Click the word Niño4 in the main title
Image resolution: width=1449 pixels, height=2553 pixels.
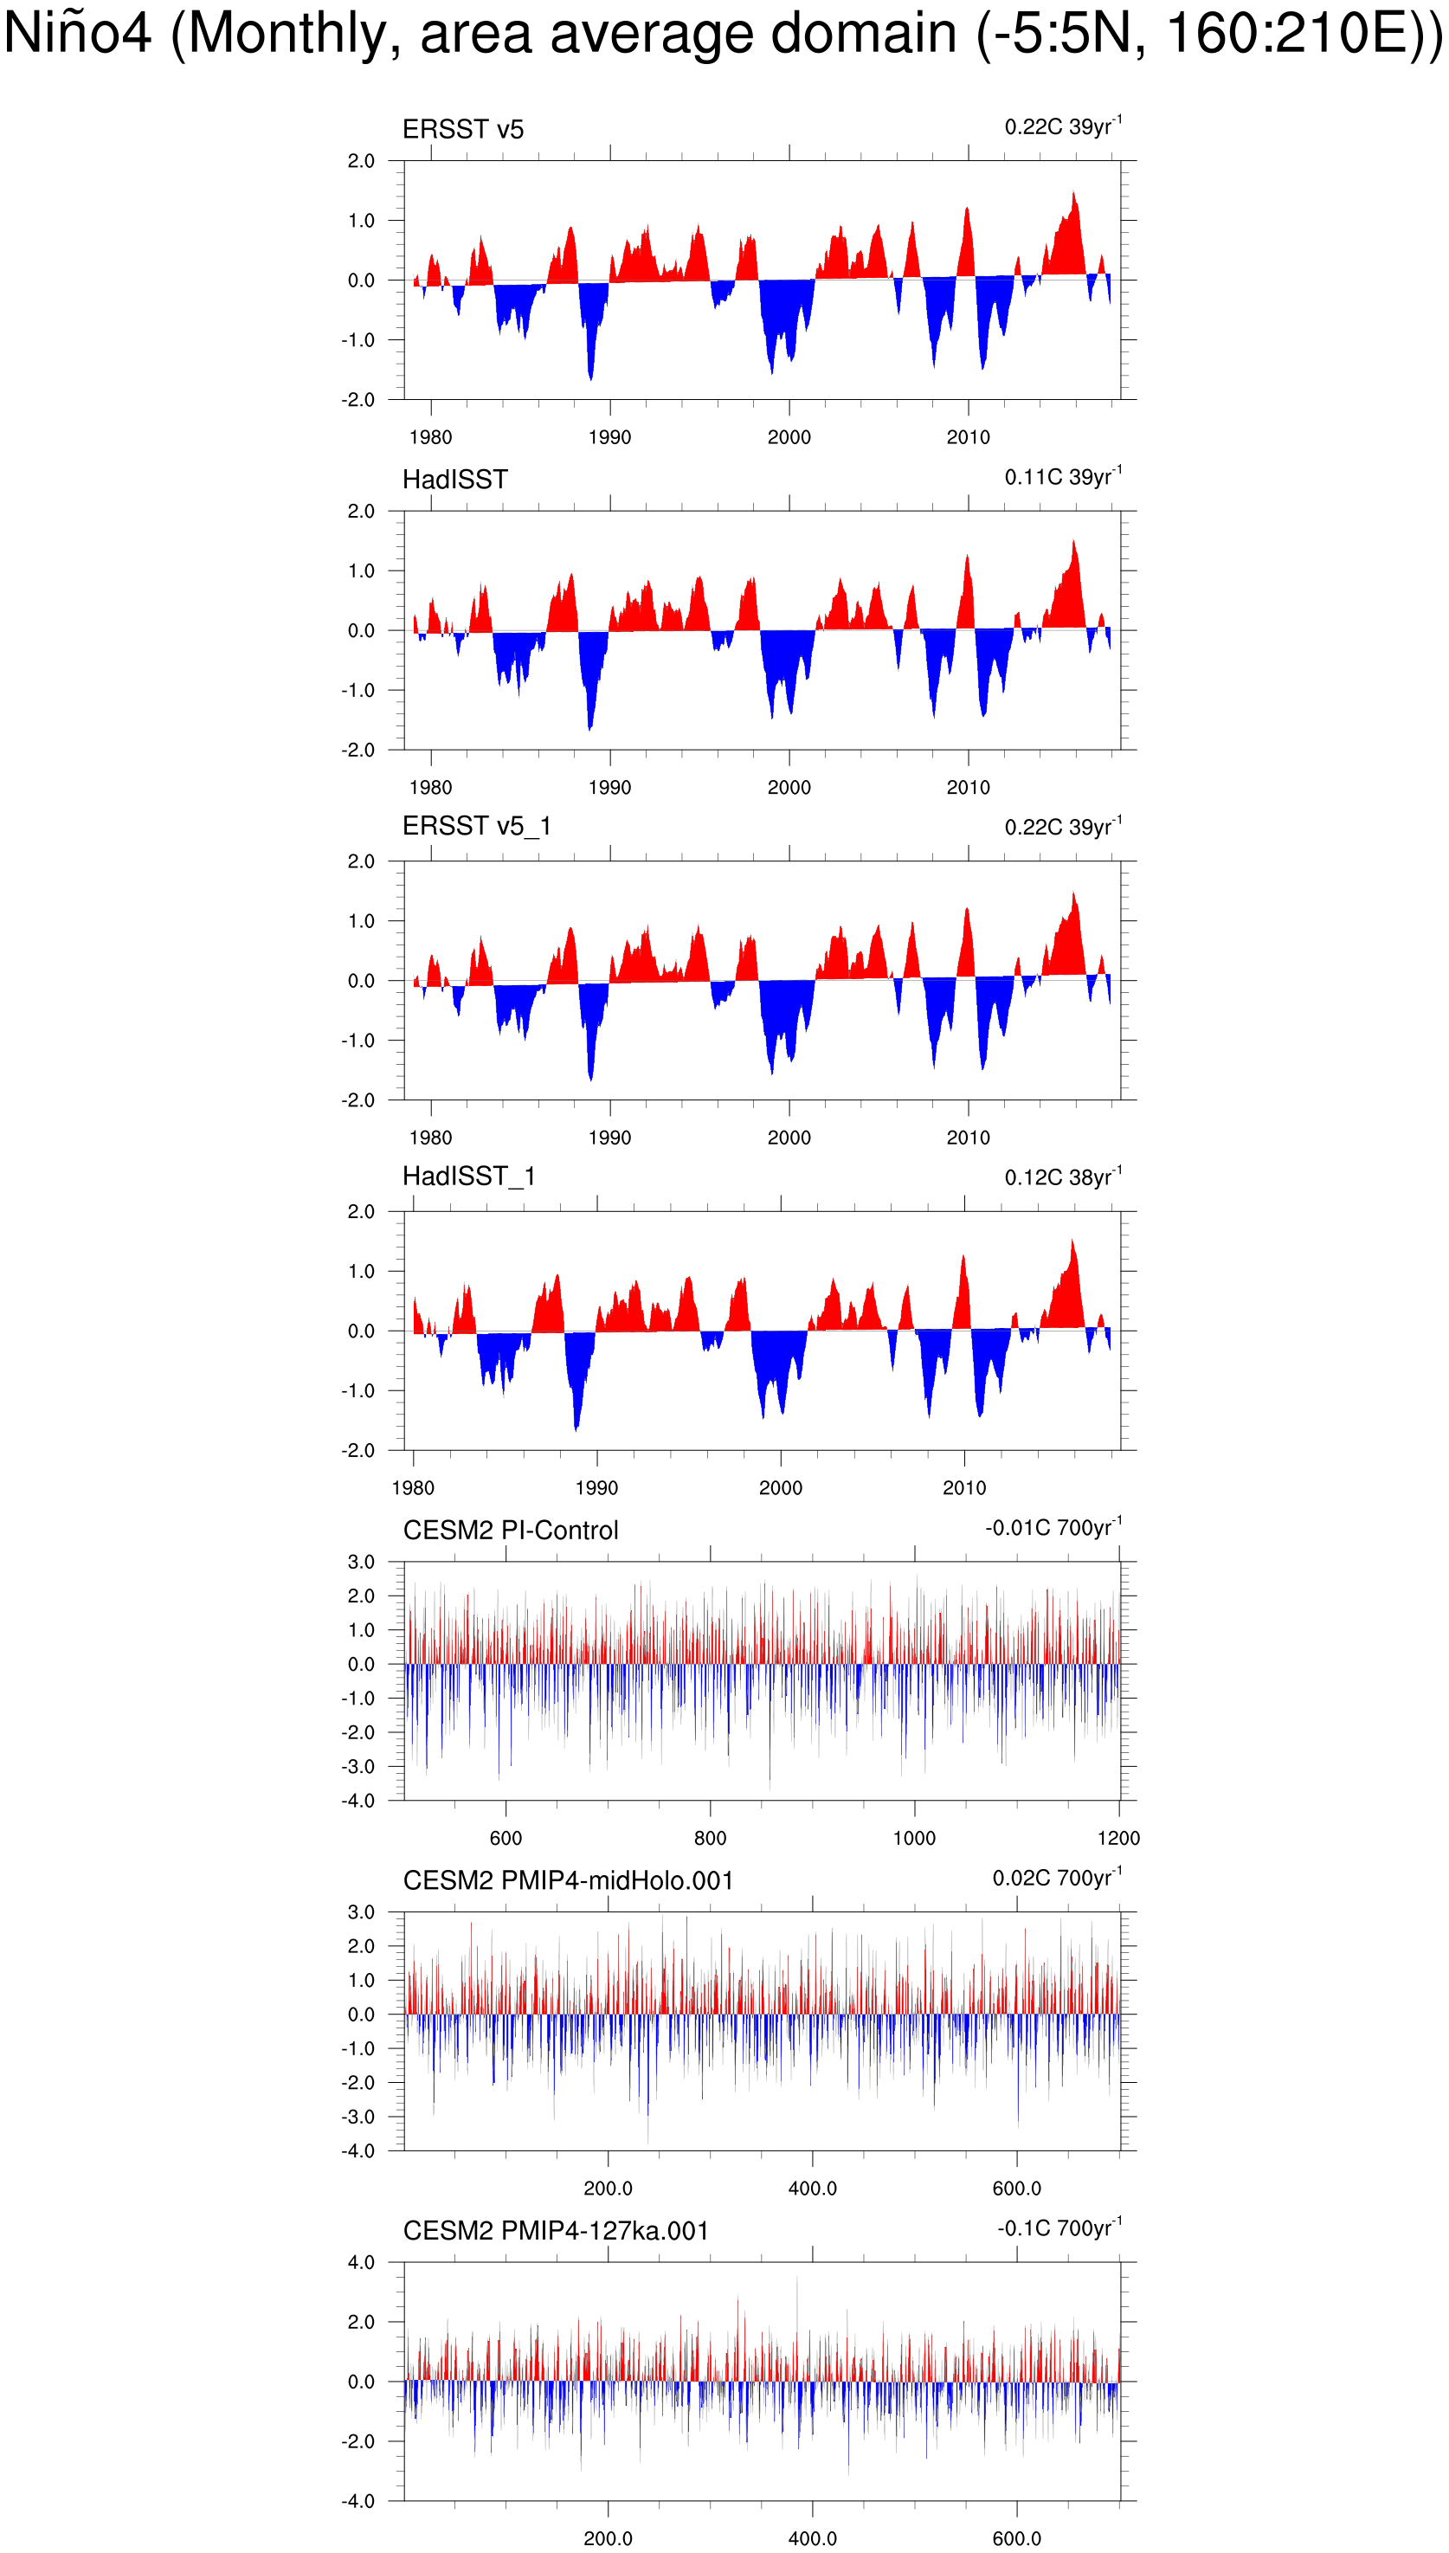[x=78, y=34]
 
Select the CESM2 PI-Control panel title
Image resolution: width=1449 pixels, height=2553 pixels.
[x=511, y=1530]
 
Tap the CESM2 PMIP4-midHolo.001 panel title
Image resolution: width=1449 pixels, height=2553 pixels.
[x=567, y=1880]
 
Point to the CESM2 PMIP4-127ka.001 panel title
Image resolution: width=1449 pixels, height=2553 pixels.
[x=556, y=2230]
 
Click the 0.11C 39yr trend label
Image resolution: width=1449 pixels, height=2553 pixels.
[x=1062, y=477]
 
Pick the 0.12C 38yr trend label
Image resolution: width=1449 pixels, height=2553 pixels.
[x=1062, y=1177]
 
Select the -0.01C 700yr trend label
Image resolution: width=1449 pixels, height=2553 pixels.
[x=1053, y=1527]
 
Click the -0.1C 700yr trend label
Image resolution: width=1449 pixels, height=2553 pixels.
[x=1059, y=2227]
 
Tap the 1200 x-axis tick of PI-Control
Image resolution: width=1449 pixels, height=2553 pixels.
[x=1118, y=1837]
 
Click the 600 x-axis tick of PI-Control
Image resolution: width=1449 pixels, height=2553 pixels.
[x=506, y=1837]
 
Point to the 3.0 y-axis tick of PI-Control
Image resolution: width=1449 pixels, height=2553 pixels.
[x=361, y=1562]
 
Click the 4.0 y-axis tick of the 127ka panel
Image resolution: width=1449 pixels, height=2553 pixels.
[x=361, y=2262]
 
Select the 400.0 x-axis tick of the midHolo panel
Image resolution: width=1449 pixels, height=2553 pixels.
[x=812, y=2188]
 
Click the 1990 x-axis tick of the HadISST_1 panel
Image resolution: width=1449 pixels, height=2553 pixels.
[x=596, y=1487]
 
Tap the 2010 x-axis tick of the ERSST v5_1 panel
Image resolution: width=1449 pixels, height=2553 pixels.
[x=968, y=1137]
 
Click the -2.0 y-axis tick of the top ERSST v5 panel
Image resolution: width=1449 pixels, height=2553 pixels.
[x=358, y=400]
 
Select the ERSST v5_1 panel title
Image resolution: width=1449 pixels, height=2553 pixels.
[x=476, y=825]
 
